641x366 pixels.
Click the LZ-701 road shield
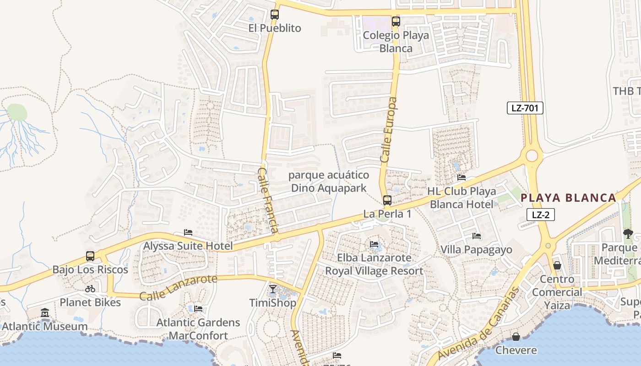pyautogui.click(x=525, y=108)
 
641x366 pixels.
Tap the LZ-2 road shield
pyautogui.click(x=540, y=215)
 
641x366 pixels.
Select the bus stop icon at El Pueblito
pyautogui.click(x=274, y=15)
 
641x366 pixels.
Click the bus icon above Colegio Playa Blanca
pyautogui.click(x=396, y=22)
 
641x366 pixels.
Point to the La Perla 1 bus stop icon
pyautogui.click(x=387, y=200)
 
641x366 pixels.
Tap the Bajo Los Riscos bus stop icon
pyautogui.click(x=90, y=256)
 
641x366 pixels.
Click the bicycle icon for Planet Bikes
pyautogui.click(x=90, y=289)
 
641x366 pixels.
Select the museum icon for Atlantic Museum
pyautogui.click(x=45, y=313)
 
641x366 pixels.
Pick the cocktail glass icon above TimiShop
pyautogui.click(x=273, y=289)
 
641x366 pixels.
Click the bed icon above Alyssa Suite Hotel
pyautogui.click(x=188, y=232)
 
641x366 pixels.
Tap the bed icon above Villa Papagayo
pyautogui.click(x=477, y=236)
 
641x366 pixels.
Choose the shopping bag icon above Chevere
pyautogui.click(x=516, y=337)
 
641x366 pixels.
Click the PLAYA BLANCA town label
pyautogui.click(x=569, y=198)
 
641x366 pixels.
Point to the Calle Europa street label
pyautogui.click(x=389, y=129)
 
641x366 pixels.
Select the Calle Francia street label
pyautogui.click(x=268, y=200)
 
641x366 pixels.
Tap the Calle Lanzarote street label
pyautogui.click(x=179, y=287)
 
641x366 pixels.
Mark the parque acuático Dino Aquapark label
pyautogui.click(x=329, y=182)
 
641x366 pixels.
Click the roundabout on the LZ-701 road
pyautogui.click(x=532, y=156)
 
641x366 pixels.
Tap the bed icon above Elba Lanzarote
pyautogui.click(x=374, y=244)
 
